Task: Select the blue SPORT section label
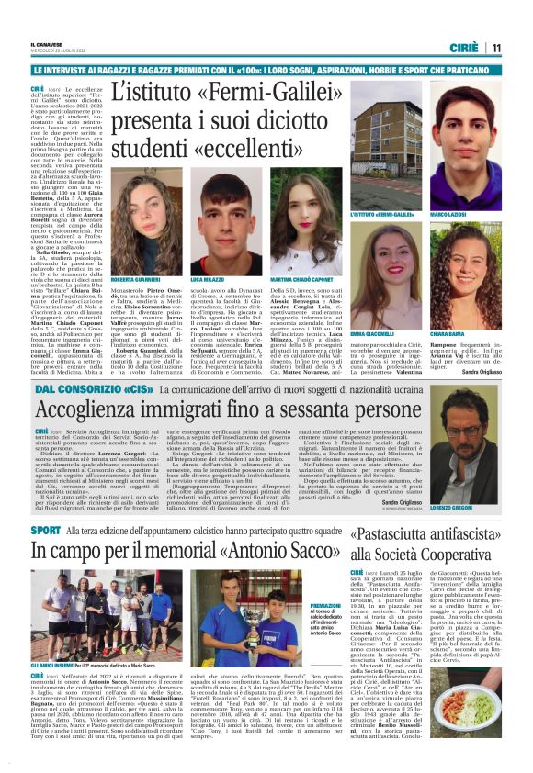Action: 46,531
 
